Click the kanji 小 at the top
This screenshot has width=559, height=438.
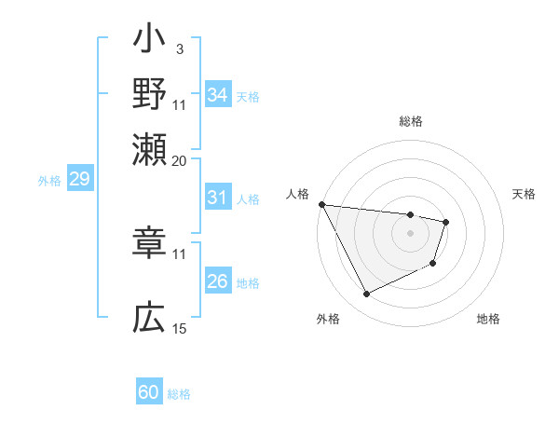[150, 42]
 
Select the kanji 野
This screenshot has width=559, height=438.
[150, 94]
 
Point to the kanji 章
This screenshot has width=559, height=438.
[150, 244]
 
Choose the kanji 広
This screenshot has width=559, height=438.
[150, 319]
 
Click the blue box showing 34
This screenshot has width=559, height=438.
[218, 95]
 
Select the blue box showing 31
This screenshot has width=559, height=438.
[218, 198]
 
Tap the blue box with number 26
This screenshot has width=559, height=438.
[218, 281]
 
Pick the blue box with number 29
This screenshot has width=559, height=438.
[79, 180]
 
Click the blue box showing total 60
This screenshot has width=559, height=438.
[149, 392]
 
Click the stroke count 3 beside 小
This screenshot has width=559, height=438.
[179, 48]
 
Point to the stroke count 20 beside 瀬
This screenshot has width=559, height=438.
[179, 159]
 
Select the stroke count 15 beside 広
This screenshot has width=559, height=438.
[179, 328]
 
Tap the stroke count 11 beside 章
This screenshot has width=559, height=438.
[179, 253]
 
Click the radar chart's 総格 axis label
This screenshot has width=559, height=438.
[411, 121]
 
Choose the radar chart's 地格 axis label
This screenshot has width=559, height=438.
[488, 319]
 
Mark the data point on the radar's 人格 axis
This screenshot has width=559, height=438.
[321, 204]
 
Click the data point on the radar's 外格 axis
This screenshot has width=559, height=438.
[366, 294]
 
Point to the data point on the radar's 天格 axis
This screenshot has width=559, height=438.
[447, 222]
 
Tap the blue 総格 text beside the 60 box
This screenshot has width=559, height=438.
[179, 394]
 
